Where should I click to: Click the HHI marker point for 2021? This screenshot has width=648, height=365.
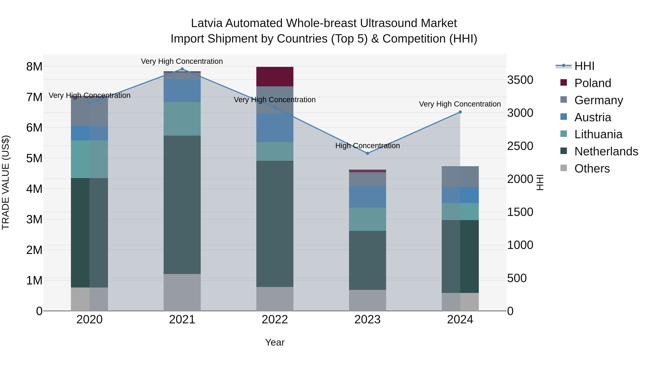pos(182,69)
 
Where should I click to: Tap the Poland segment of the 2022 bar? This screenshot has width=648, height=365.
pos(275,77)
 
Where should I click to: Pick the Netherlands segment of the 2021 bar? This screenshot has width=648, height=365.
pos(182,205)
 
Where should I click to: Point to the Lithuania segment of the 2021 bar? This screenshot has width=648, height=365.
pos(182,119)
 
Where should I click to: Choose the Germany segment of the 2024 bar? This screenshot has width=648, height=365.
pos(460,177)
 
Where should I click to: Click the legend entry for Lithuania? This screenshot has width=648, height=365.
pos(598,134)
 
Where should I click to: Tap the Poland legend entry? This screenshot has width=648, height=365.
pos(592,83)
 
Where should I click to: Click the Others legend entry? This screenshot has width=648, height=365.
pos(592,169)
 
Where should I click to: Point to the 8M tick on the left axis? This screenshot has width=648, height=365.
pos(34,67)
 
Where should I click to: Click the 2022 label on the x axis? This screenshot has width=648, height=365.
pos(275,320)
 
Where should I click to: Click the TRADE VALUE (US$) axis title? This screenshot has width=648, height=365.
pos(6,182)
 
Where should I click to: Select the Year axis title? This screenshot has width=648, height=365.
pos(275,342)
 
